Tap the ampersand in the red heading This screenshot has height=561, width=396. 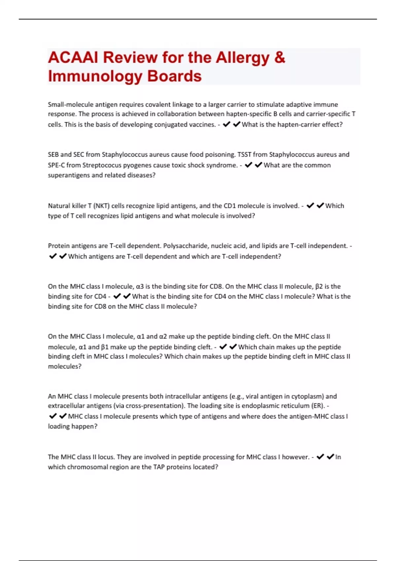tap(279, 57)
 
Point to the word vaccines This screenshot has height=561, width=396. tap(202, 125)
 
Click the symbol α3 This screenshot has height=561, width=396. tap(140, 286)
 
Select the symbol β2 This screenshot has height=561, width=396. tap(319, 286)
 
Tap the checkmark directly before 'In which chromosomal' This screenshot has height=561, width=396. tap(330, 457)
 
